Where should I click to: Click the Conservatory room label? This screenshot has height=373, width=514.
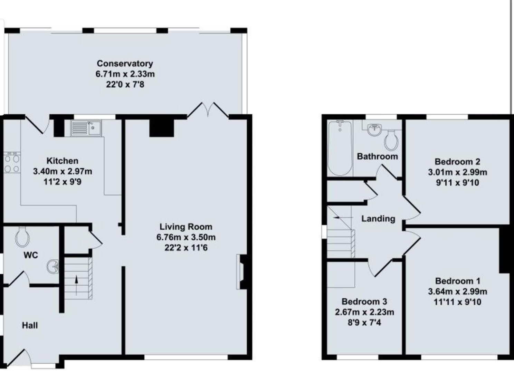coord(125,64)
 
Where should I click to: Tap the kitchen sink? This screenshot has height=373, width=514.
coord(86,128)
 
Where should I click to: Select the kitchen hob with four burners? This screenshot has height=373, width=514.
coord(11,163)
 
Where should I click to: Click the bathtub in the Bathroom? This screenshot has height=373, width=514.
coord(340,148)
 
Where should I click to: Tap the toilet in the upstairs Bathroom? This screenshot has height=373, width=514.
coord(391,140)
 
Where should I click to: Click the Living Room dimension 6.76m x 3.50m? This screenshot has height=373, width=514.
coord(186,237)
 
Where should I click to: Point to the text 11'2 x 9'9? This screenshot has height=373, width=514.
coord(63,182)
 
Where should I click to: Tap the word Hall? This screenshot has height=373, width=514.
coord(30,325)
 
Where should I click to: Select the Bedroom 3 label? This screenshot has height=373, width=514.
coord(364,302)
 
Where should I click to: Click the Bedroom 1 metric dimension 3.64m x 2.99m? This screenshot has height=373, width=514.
coord(457,291)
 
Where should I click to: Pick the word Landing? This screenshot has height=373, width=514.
coord(378,219)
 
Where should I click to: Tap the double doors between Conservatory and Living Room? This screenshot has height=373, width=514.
coord(208,110)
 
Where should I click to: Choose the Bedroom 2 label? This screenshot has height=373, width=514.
coord(457,162)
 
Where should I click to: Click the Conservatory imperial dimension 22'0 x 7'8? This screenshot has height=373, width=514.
coord(125,85)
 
